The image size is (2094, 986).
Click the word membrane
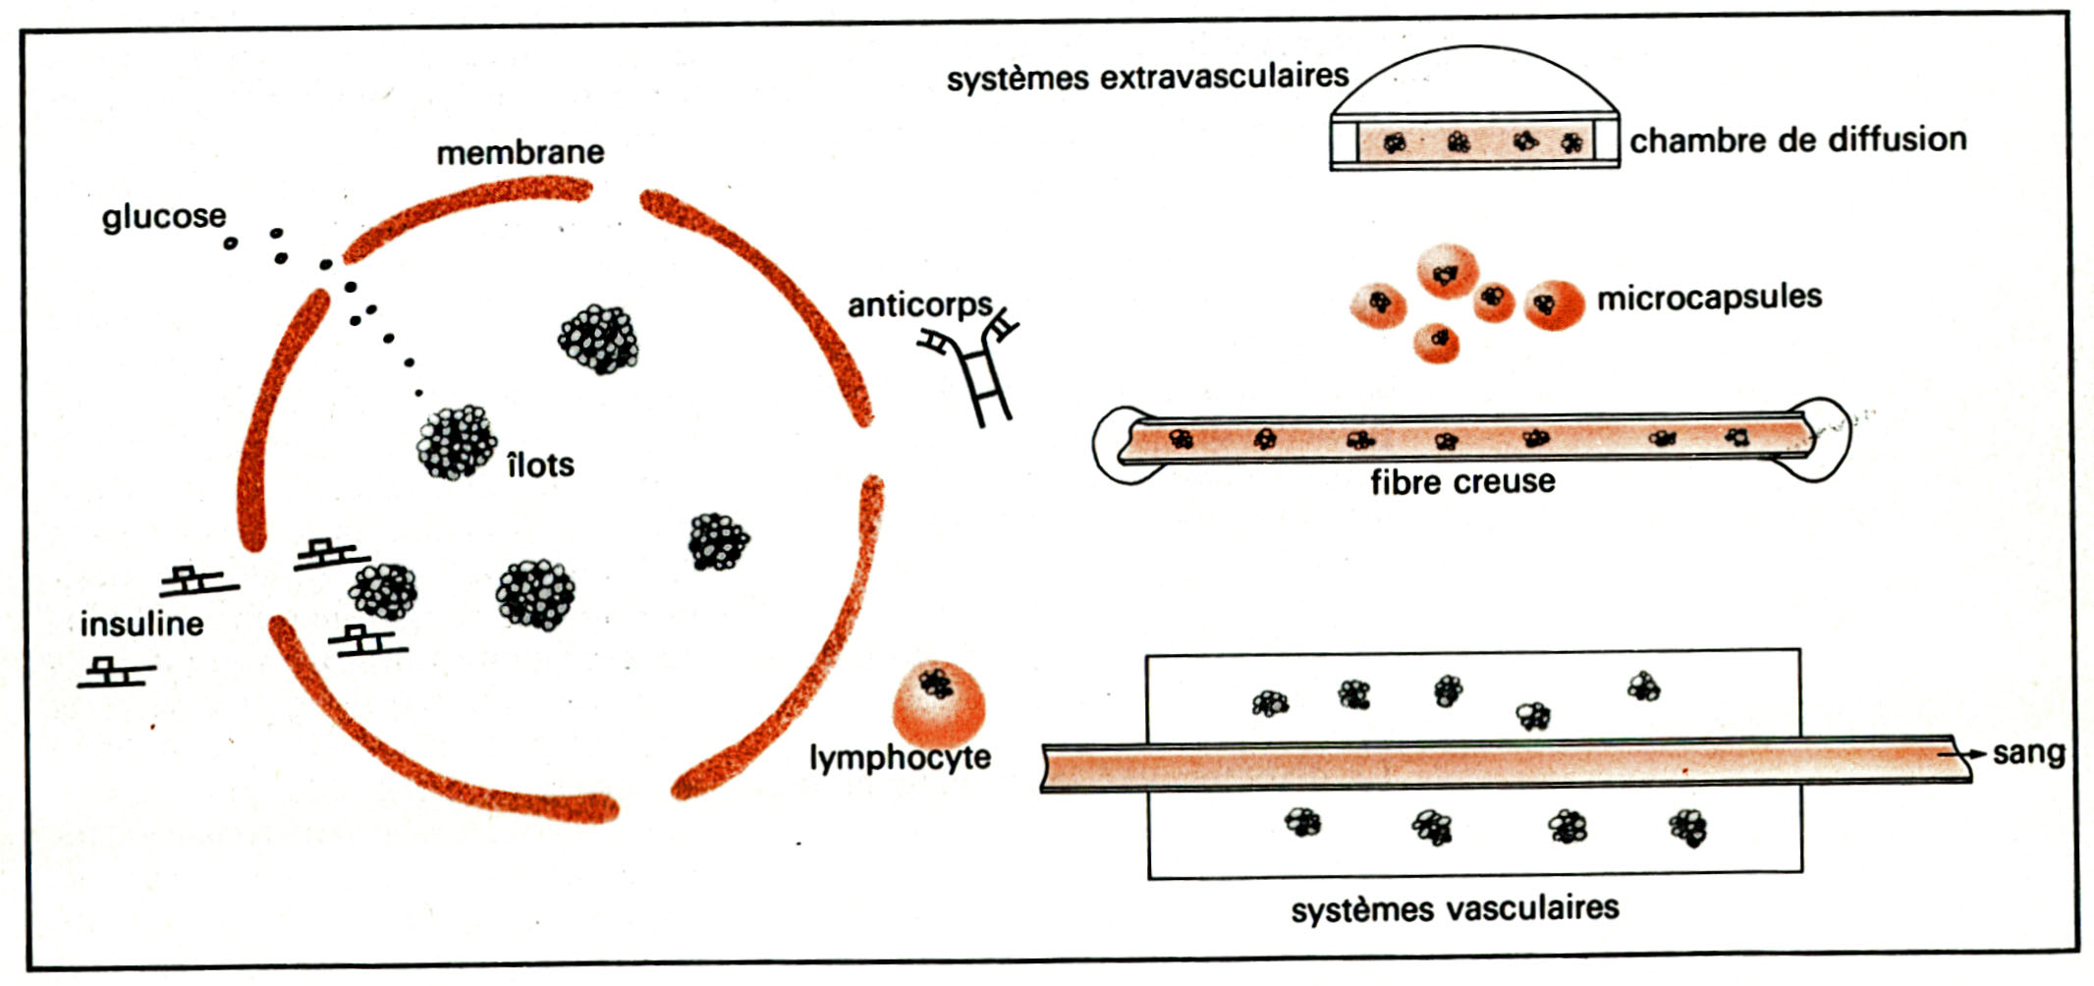(520, 153)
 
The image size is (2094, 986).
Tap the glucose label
(163, 216)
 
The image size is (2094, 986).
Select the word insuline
(141, 624)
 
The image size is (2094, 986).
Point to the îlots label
(540, 465)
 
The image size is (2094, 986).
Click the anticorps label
(919, 305)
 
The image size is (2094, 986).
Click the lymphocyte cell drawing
(938, 702)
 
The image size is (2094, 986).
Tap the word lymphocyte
(900, 757)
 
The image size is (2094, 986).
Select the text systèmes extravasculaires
(1147, 78)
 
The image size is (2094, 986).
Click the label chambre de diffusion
(1797, 139)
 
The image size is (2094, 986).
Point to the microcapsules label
(1709, 297)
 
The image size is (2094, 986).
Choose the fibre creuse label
(1462, 482)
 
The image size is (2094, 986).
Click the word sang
(2028, 753)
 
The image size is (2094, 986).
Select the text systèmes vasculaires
(1455, 908)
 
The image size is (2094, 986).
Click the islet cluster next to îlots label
(456, 443)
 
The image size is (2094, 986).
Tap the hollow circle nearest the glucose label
(230, 243)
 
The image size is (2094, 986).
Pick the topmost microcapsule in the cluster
(1447, 271)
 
